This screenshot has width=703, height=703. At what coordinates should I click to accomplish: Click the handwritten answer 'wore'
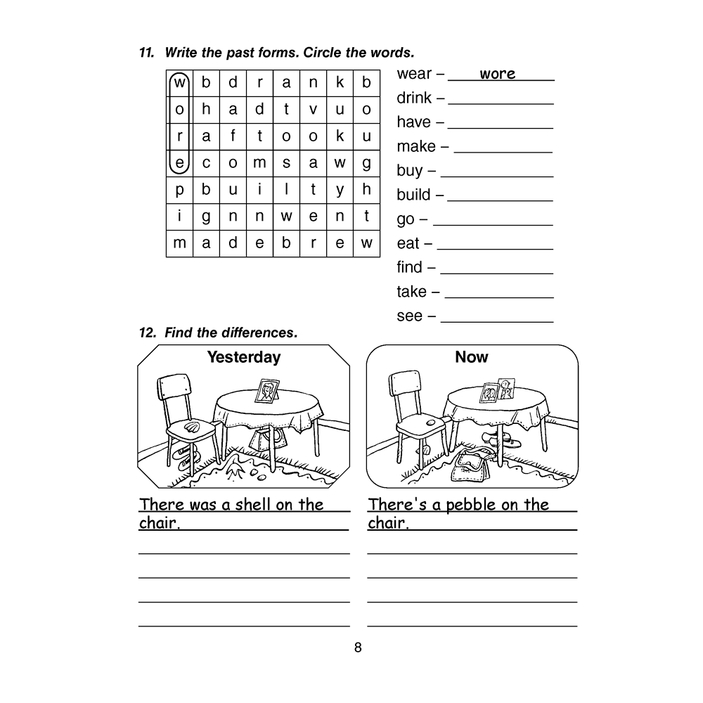tap(497, 74)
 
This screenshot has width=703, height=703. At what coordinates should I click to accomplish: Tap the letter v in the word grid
tap(313, 110)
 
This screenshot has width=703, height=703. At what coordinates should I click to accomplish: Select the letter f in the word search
tap(233, 136)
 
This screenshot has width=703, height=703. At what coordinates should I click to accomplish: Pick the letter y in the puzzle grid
tap(340, 190)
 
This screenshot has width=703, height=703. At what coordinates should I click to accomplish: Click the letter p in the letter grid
tap(179, 190)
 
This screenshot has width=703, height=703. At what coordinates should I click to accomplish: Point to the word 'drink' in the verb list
tap(415, 98)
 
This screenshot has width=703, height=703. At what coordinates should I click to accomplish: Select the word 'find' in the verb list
tap(410, 267)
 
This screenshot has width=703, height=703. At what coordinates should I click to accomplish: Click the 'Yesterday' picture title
tap(243, 357)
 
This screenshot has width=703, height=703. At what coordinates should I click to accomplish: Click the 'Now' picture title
tap(471, 357)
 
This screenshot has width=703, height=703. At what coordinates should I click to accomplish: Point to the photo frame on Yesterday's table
tap(266, 391)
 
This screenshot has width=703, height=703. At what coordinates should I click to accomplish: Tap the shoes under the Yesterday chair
tap(183, 456)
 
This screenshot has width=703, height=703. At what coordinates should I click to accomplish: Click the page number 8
tap(358, 647)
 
